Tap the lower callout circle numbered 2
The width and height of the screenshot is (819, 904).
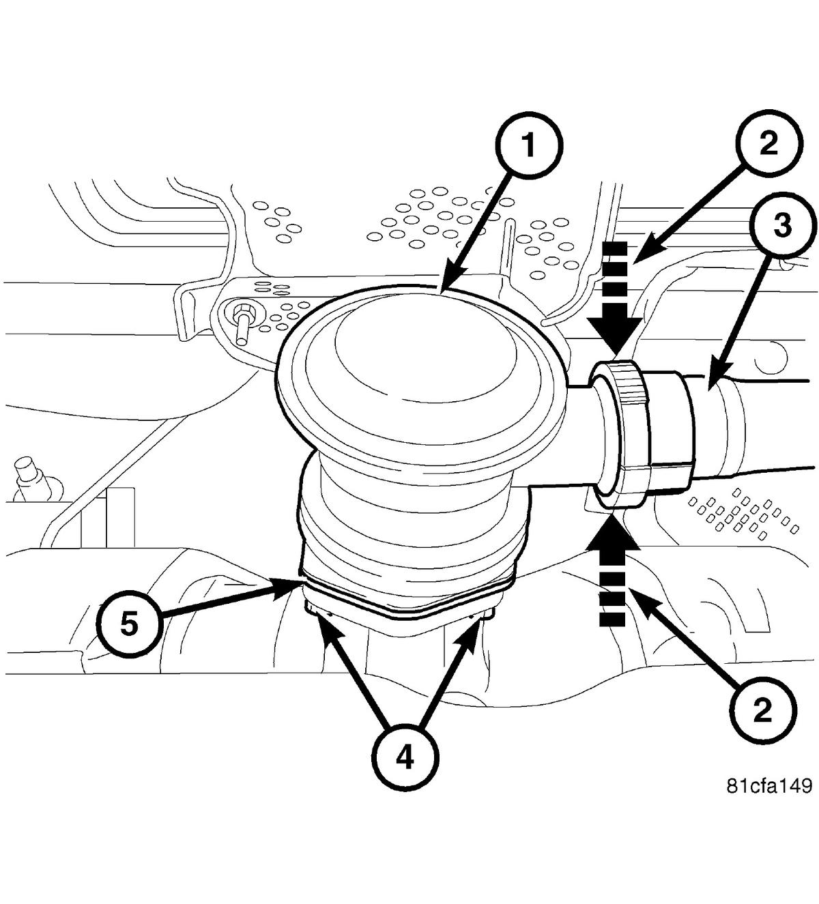[x=762, y=711]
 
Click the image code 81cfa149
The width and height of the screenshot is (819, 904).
[x=768, y=786]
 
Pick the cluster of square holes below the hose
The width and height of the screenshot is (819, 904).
[x=741, y=512]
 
